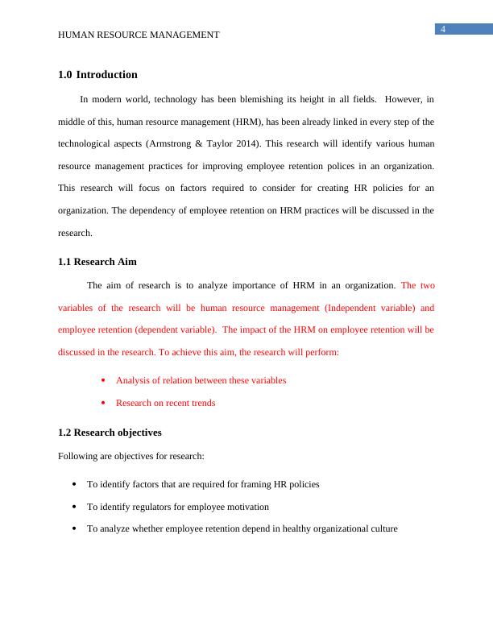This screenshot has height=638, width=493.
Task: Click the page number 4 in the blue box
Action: (443, 30)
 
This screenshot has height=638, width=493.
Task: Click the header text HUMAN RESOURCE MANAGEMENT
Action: (139, 35)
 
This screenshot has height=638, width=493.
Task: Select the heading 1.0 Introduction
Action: (98, 75)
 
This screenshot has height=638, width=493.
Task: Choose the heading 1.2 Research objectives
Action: (110, 433)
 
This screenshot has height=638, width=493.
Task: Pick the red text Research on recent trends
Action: (165, 403)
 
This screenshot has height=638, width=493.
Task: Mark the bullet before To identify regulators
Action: (74, 507)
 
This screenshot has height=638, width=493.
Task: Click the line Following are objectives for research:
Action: (131, 456)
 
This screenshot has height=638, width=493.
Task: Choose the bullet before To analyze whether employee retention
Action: (74, 530)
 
